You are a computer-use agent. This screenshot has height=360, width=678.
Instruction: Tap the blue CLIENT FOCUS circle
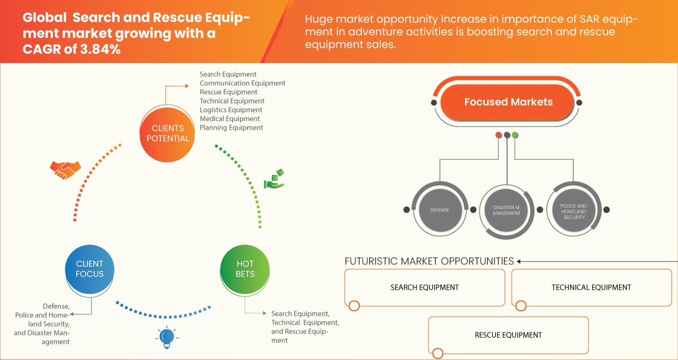pyautogui.click(x=90, y=269)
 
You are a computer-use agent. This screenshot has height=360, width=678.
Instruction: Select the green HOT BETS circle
pyautogui.click(x=245, y=269)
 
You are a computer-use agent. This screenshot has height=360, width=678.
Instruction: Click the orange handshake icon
pyautogui.click(x=65, y=169)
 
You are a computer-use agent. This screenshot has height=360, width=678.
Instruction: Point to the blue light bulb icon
pyautogui.click(x=167, y=337)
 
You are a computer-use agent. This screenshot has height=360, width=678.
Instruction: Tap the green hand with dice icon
pyautogui.click(x=274, y=179)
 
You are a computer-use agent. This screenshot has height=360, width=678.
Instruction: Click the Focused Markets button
pyautogui.click(x=508, y=102)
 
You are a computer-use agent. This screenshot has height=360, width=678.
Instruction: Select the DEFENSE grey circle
pyautogui.click(x=439, y=210)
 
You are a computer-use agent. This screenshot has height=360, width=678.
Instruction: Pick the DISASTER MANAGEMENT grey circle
pyautogui.click(x=506, y=210)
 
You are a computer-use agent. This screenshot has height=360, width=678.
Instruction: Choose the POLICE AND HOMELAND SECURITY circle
pyautogui.click(x=574, y=210)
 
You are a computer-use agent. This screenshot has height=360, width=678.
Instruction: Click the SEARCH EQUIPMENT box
pyautogui.click(x=424, y=287)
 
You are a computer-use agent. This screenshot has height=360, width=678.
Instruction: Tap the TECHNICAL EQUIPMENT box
pyautogui.click(x=591, y=287)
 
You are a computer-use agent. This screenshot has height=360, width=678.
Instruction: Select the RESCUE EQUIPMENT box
pyautogui.click(x=508, y=335)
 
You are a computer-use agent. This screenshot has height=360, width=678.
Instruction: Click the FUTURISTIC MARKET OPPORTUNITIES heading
pyautogui.click(x=429, y=261)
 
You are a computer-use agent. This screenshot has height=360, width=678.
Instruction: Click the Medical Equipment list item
pyautogui.click(x=230, y=119)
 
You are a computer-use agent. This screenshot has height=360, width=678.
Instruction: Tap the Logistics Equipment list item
pyautogui.click(x=231, y=110)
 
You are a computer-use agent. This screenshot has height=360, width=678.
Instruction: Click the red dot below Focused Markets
pyautogui.click(x=498, y=135)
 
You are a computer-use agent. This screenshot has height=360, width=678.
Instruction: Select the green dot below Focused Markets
pyautogui.click(x=515, y=135)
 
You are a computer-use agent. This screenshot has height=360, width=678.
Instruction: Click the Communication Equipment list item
pyautogui.click(x=243, y=83)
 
